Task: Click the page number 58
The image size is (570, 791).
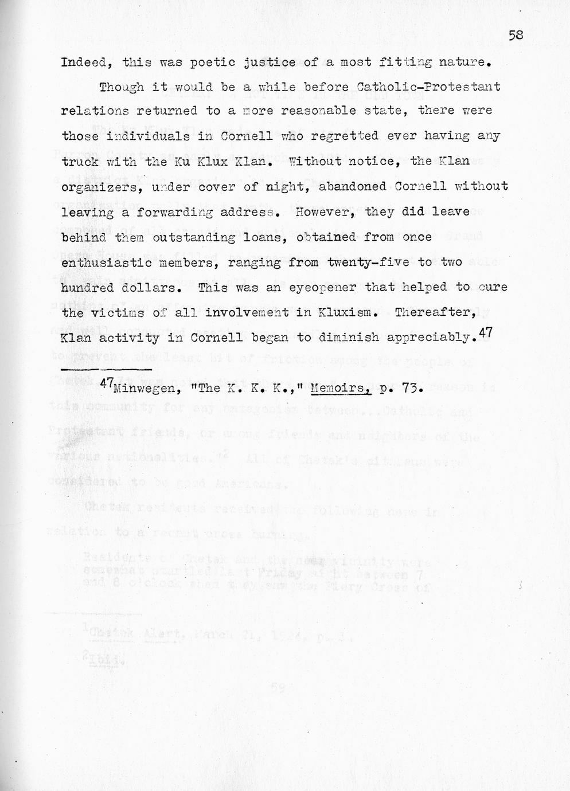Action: click(516, 35)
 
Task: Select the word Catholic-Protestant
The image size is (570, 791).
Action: click(428, 87)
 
